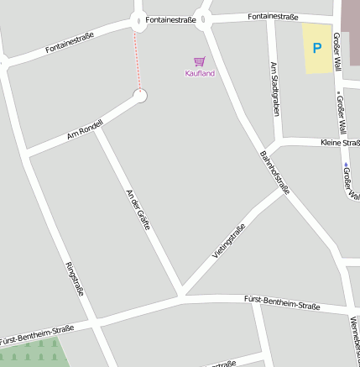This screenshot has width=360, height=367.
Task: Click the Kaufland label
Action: (200, 74)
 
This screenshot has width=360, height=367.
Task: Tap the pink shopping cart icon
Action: (199, 61)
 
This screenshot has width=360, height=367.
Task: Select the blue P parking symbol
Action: (316, 49)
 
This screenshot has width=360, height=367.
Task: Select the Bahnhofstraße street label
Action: (274, 173)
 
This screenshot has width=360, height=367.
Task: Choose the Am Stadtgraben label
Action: (274, 88)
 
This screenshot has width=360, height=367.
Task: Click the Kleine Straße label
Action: (340, 143)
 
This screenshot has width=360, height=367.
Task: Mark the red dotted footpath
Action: (138, 59)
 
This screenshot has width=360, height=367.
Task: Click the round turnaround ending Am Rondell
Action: (140, 96)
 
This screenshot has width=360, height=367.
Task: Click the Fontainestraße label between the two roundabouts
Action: (170, 18)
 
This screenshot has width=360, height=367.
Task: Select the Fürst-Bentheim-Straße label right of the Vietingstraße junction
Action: (282, 302)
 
